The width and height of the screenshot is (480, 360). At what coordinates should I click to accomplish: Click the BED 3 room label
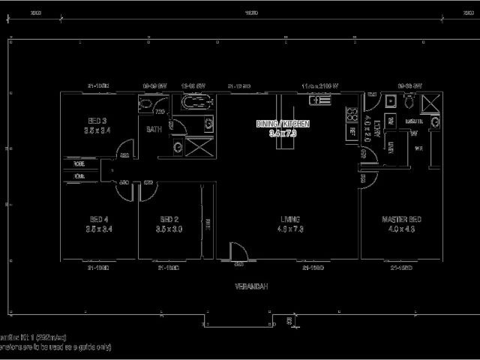point(97,121)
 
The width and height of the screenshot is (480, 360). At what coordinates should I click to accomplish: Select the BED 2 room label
point(170,219)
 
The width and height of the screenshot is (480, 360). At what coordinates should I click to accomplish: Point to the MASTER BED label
point(402,219)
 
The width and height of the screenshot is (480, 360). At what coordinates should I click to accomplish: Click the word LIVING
point(289,219)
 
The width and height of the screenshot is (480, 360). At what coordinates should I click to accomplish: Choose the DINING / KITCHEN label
point(282,124)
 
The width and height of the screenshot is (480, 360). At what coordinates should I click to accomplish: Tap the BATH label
point(154,129)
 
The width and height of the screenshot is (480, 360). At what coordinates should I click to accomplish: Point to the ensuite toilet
point(409,102)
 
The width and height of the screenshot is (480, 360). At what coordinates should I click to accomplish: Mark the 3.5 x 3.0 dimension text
point(170,229)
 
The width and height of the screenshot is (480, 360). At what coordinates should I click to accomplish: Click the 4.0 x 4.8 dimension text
point(402,229)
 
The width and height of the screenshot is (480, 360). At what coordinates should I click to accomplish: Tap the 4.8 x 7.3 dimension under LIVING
point(289,229)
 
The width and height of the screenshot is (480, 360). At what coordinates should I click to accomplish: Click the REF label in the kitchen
point(352,131)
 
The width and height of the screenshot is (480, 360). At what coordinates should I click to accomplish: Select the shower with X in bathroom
point(196,146)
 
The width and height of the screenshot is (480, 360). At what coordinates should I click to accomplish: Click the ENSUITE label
point(414,121)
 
